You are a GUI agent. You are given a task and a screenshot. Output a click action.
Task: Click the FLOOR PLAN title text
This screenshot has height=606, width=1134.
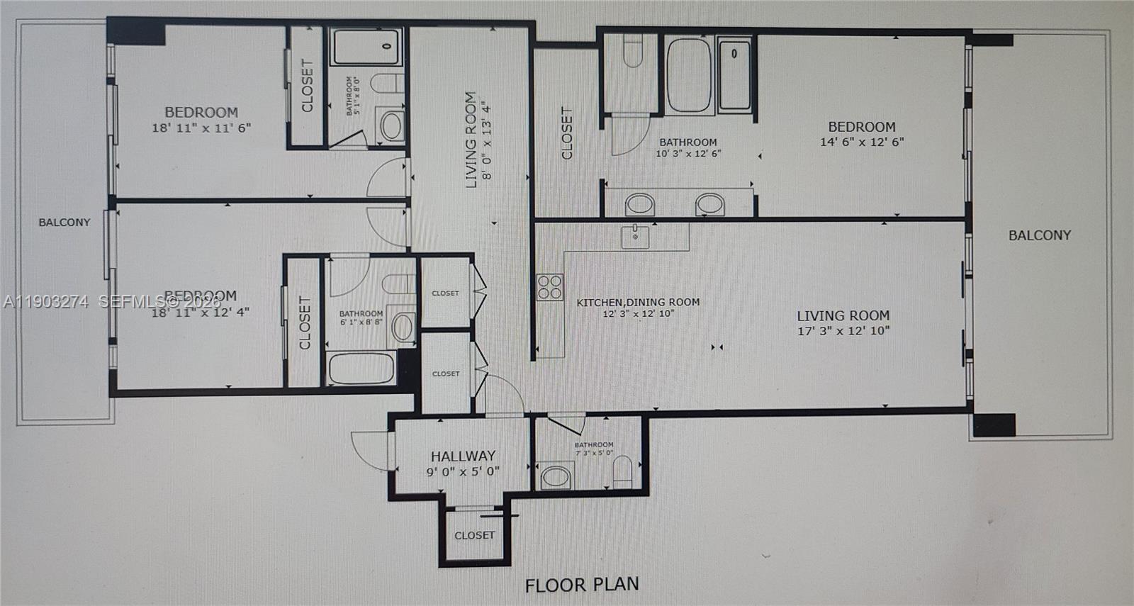[x=581, y=585]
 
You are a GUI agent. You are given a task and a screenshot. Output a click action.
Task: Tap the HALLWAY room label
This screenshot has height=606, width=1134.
[x=463, y=456]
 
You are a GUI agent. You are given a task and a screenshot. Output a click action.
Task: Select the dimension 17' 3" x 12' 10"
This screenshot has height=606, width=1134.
[x=843, y=330]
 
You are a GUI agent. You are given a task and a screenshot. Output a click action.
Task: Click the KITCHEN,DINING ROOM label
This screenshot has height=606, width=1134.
[x=638, y=302]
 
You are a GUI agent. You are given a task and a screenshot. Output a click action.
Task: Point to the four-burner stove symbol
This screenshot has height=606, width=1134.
[x=549, y=287]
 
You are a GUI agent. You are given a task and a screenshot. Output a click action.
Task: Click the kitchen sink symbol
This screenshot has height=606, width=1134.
[x=635, y=236]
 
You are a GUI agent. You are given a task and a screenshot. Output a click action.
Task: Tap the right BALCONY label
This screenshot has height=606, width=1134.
[x=1040, y=235]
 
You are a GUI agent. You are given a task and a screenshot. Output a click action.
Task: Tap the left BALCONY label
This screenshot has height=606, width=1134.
[x=64, y=222]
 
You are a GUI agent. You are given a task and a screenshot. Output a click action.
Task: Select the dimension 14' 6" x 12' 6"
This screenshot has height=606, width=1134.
[x=862, y=142]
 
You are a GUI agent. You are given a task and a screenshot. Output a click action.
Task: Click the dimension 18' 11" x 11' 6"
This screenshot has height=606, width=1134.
[x=201, y=128]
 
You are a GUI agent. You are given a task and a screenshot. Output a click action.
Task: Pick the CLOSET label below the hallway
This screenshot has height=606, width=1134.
[x=474, y=535]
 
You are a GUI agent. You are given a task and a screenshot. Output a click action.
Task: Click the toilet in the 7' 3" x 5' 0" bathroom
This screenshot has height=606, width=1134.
[x=622, y=471]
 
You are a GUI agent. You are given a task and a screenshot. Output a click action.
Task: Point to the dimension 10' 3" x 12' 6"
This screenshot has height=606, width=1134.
[x=688, y=153]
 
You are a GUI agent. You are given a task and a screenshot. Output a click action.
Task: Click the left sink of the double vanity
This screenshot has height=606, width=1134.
[x=640, y=205]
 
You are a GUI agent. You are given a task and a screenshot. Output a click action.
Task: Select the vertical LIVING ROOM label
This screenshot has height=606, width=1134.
[x=471, y=140]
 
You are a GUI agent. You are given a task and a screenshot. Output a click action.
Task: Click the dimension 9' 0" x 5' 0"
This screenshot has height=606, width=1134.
[x=463, y=471]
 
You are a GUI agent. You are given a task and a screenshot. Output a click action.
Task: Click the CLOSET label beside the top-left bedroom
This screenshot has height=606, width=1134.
[x=307, y=86]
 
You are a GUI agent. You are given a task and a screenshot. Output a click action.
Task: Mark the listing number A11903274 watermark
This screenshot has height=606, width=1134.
[x=45, y=302]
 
